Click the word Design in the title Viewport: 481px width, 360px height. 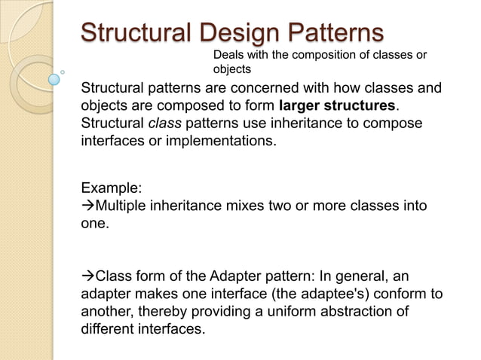point(232,33)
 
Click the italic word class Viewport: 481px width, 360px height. point(164,122)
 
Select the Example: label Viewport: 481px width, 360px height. point(111,188)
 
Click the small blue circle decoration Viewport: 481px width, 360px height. point(54,78)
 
